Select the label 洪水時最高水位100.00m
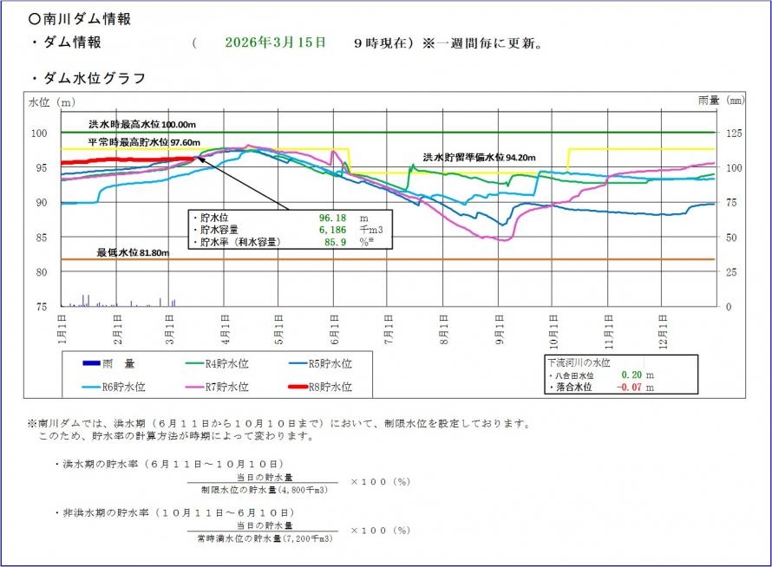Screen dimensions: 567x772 [x=142, y=124]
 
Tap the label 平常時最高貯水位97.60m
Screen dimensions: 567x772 [x=144, y=142]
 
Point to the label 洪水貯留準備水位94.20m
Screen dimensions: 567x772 [x=479, y=158]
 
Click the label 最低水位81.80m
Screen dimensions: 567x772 [x=132, y=252]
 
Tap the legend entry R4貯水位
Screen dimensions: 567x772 [x=224, y=363]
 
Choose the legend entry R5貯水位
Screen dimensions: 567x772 [x=318, y=363]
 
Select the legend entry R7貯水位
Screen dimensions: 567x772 [x=224, y=387]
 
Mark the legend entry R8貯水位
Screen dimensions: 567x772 [x=318, y=387]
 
